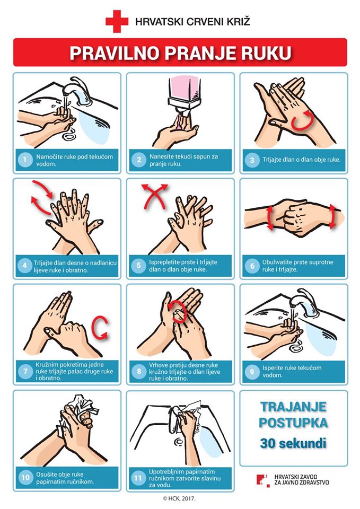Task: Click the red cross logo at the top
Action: click(x=117, y=21)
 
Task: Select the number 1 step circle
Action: click(x=25, y=160)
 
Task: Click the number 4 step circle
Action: click(x=25, y=266)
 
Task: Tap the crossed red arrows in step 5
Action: click(x=154, y=196)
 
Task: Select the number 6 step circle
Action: click(x=252, y=266)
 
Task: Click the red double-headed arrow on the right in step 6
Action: click(x=332, y=216)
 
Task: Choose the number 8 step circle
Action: click(x=139, y=371)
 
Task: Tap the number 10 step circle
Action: click(x=25, y=478)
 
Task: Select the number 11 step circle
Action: click(x=138, y=478)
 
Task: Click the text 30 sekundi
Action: click(x=293, y=443)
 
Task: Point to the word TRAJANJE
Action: click(x=293, y=407)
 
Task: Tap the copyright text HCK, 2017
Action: click(x=180, y=498)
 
